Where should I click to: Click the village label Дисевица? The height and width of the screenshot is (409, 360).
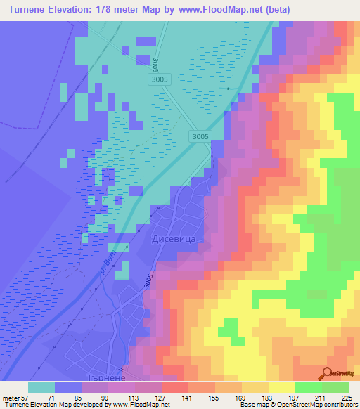tap(172, 239)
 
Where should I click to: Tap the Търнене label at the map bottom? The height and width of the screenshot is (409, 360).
tap(103, 377)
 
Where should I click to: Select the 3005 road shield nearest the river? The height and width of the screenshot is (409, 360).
tap(200, 136)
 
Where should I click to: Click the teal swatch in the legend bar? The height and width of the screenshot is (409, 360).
tap(41, 387)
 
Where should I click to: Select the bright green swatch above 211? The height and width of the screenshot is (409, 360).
tap(309, 387)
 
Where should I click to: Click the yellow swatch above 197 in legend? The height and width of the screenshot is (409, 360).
tap(282, 387)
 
